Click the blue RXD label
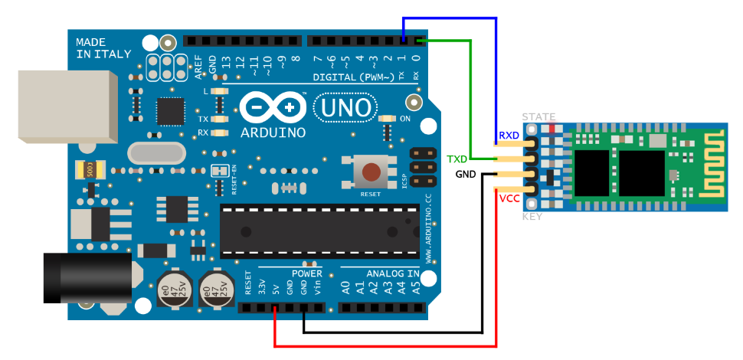coord(509,136)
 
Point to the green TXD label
coord(457,159)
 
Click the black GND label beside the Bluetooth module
coord(466,174)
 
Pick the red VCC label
coord(509,198)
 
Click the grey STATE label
coord(538,117)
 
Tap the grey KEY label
coord(532,217)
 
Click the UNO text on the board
coord(345,110)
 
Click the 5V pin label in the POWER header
coord(276,288)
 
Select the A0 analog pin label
coord(345,288)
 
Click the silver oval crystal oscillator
coord(158,153)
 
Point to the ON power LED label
coord(406,119)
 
